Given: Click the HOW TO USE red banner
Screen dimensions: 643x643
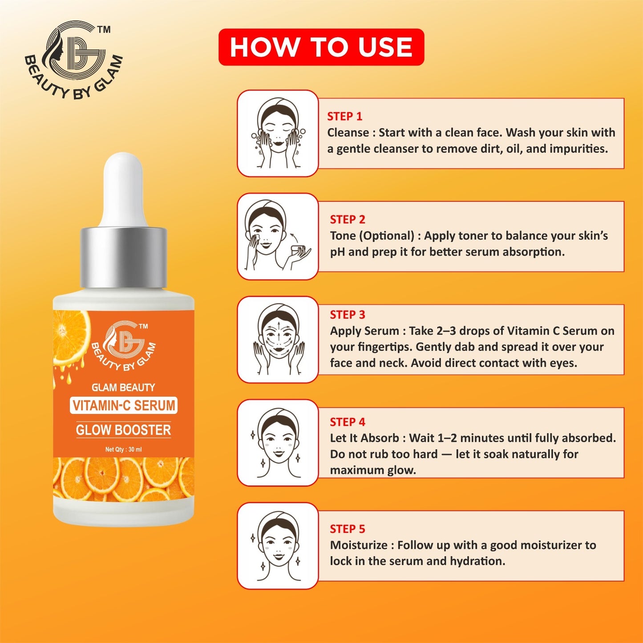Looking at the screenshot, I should point(321,47).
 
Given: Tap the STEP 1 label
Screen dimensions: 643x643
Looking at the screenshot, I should point(344,117).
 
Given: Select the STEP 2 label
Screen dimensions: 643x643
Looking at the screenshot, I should point(347,219).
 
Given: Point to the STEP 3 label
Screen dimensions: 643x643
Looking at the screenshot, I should point(347,315).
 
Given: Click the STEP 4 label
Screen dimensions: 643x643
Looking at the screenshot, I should point(347,422).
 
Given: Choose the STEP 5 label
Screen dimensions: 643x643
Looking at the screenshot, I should point(347,529).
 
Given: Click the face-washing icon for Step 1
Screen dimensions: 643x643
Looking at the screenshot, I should point(278,133).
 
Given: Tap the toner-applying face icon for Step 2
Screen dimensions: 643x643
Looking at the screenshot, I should point(278,236).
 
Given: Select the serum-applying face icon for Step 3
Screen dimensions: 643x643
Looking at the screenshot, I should point(278,340).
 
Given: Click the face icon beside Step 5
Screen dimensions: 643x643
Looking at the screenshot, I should point(278,546).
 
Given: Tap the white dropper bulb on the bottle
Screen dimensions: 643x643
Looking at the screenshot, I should point(123,189).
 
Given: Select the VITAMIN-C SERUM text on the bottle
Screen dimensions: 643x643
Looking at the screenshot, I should point(124,405).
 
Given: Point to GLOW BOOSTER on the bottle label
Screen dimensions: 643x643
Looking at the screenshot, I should point(123,430).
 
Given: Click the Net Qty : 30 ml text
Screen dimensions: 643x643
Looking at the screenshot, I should point(123,449).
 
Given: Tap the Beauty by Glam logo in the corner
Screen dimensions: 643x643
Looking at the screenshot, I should point(73,60).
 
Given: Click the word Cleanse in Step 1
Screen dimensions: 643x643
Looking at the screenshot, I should point(348,133).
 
